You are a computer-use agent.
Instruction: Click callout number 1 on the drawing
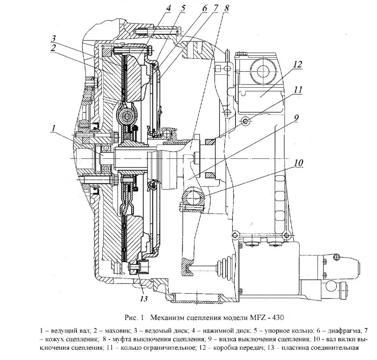coord(53,129)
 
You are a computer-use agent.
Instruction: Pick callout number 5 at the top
coord(182,8)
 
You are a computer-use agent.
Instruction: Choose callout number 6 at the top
coord(204,8)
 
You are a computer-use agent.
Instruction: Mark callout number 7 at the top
coord(215,8)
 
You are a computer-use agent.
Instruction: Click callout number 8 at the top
coord(227,8)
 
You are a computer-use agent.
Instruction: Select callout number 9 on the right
coord(296,117)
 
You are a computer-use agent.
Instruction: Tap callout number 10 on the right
coord(298,163)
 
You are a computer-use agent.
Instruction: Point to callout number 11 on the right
coord(298,89)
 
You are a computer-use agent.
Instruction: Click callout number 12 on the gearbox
coord(298,64)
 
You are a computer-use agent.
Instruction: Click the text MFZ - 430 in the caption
coord(263,318)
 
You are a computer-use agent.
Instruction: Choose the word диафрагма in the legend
coord(340,331)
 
